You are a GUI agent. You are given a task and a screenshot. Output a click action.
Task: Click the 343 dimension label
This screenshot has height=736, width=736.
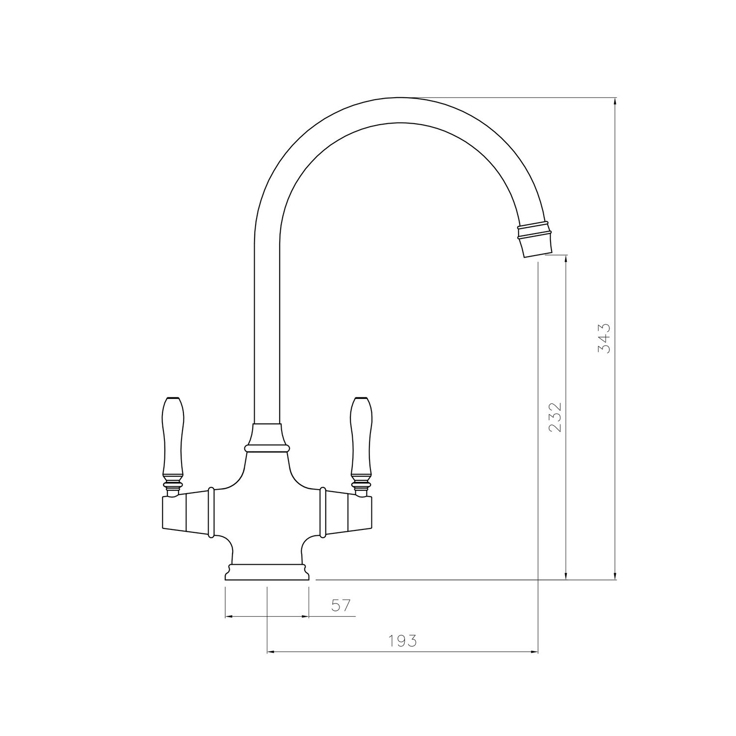pyautogui.click(x=604, y=338)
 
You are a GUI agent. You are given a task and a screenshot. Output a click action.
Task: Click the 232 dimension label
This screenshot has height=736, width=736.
pyautogui.click(x=554, y=418)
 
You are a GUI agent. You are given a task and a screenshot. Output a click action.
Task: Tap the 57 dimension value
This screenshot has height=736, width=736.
pyautogui.click(x=342, y=605)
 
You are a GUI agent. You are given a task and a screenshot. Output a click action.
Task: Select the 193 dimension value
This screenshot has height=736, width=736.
pyautogui.click(x=402, y=641)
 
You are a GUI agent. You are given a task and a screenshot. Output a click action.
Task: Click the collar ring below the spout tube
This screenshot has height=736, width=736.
pyautogui.click(x=266, y=447)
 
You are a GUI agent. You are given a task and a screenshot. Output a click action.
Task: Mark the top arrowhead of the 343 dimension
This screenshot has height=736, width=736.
pyautogui.click(x=615, y=102)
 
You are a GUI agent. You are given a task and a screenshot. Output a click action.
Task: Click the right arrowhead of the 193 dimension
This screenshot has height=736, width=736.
pyautogui.click(x=534, y=652)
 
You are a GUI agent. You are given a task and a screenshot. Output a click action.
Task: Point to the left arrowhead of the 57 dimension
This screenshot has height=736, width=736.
pyautogui.click(x=229, y=616)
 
